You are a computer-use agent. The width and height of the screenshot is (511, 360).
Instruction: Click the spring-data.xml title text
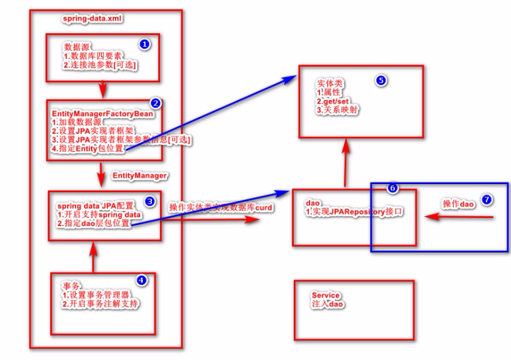coord(92,19)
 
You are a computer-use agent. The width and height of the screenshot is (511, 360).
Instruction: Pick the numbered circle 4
coord(141,281)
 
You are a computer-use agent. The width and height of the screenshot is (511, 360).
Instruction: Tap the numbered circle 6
coord(392,188)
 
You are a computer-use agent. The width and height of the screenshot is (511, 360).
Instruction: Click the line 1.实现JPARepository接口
coord(355,213)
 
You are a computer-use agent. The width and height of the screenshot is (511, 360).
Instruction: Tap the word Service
coord(325,295)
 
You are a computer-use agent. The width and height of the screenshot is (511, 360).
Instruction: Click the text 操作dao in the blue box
coord(458,204)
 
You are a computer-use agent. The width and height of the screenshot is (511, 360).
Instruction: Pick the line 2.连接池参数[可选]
coord(100,65)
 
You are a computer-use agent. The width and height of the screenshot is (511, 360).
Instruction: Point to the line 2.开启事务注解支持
coord(100,304)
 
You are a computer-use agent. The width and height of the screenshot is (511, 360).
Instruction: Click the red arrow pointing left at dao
coord(461,217)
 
